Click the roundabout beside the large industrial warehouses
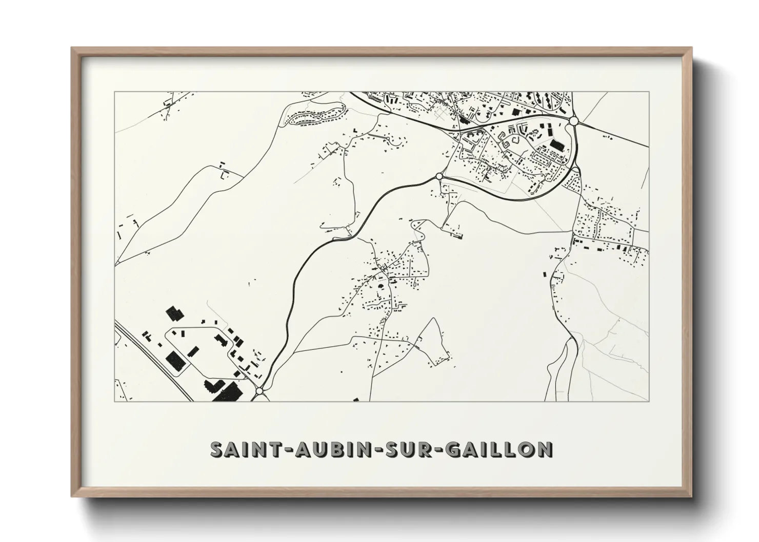coord(259,391)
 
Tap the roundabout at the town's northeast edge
coord(574,121)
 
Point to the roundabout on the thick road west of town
coord(439,176)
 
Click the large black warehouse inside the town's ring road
coord(555,147)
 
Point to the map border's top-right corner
coord(649,92)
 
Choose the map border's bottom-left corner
coord(115,401)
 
